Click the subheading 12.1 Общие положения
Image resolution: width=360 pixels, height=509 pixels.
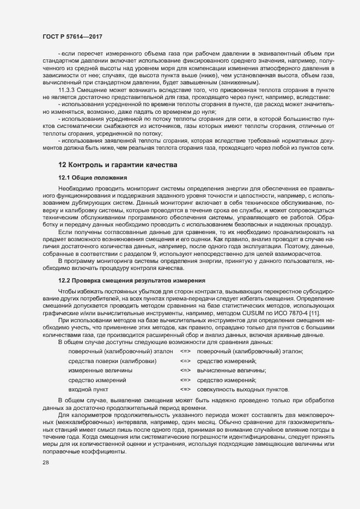point(92,178)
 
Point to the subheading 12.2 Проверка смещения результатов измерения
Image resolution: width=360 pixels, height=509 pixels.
point(131,280)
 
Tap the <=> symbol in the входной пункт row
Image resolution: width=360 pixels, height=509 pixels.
point(185,390)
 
